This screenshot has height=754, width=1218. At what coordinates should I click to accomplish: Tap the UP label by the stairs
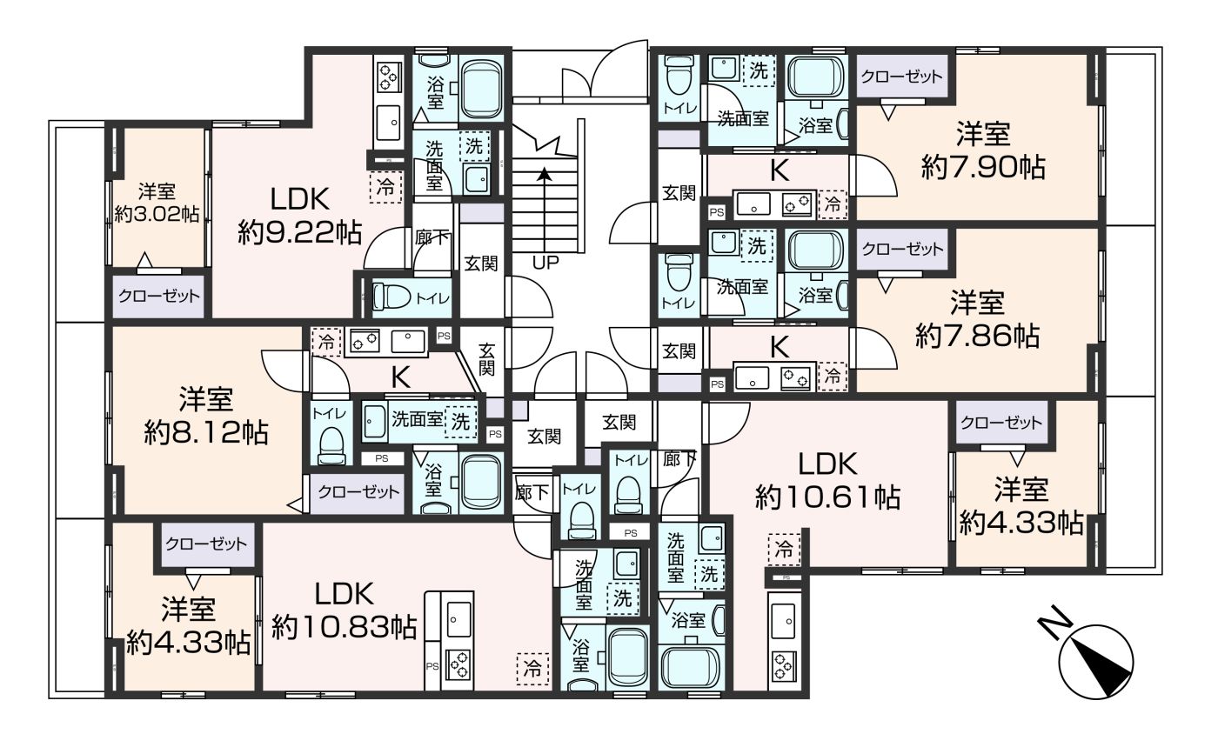545,264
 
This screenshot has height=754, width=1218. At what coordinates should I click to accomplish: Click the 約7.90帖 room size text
983,167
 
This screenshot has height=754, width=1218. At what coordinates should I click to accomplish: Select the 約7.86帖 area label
978,336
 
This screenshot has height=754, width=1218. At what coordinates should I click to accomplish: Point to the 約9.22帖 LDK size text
300,234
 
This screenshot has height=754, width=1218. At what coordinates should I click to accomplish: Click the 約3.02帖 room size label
157,214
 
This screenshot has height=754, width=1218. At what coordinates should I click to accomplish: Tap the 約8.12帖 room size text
206,433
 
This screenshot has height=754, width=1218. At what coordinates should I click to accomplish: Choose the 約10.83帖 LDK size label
345,627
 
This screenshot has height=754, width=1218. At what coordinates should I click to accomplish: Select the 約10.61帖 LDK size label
827,497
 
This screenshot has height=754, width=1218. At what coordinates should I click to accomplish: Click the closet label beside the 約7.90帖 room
901,77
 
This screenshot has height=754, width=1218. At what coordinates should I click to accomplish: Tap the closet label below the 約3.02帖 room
158,297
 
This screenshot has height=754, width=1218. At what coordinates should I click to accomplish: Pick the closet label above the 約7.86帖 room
903,250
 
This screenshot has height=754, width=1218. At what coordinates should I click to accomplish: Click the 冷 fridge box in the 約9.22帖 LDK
385,188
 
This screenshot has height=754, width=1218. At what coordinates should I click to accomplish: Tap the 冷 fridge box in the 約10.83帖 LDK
532,669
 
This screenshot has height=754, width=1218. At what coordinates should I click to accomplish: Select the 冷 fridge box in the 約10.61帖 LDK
784,550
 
